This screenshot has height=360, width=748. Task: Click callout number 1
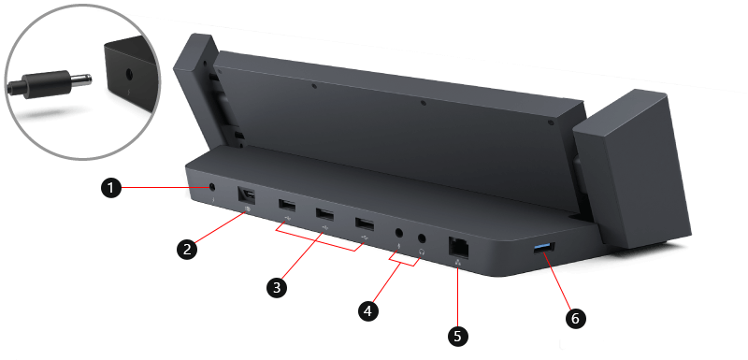click(x=110, y=189)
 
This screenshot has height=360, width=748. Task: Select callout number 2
click(x=187, y=249)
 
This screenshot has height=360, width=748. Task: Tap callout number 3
click(x=276, y=288)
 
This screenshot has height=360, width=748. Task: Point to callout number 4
click(x=368, y=310)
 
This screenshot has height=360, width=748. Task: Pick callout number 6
click(x=575, y=319)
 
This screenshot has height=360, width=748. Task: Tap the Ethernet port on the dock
click(x=461, y=245)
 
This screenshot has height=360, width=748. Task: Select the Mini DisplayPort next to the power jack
click(x=248, y=195)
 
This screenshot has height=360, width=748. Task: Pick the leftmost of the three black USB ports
click(x=284, y=205)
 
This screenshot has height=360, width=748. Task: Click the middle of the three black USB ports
click(x=324, y=213)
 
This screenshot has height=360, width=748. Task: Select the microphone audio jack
click(x=401, y=230)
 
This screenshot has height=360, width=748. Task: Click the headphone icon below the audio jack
click(x=423, y=252)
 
